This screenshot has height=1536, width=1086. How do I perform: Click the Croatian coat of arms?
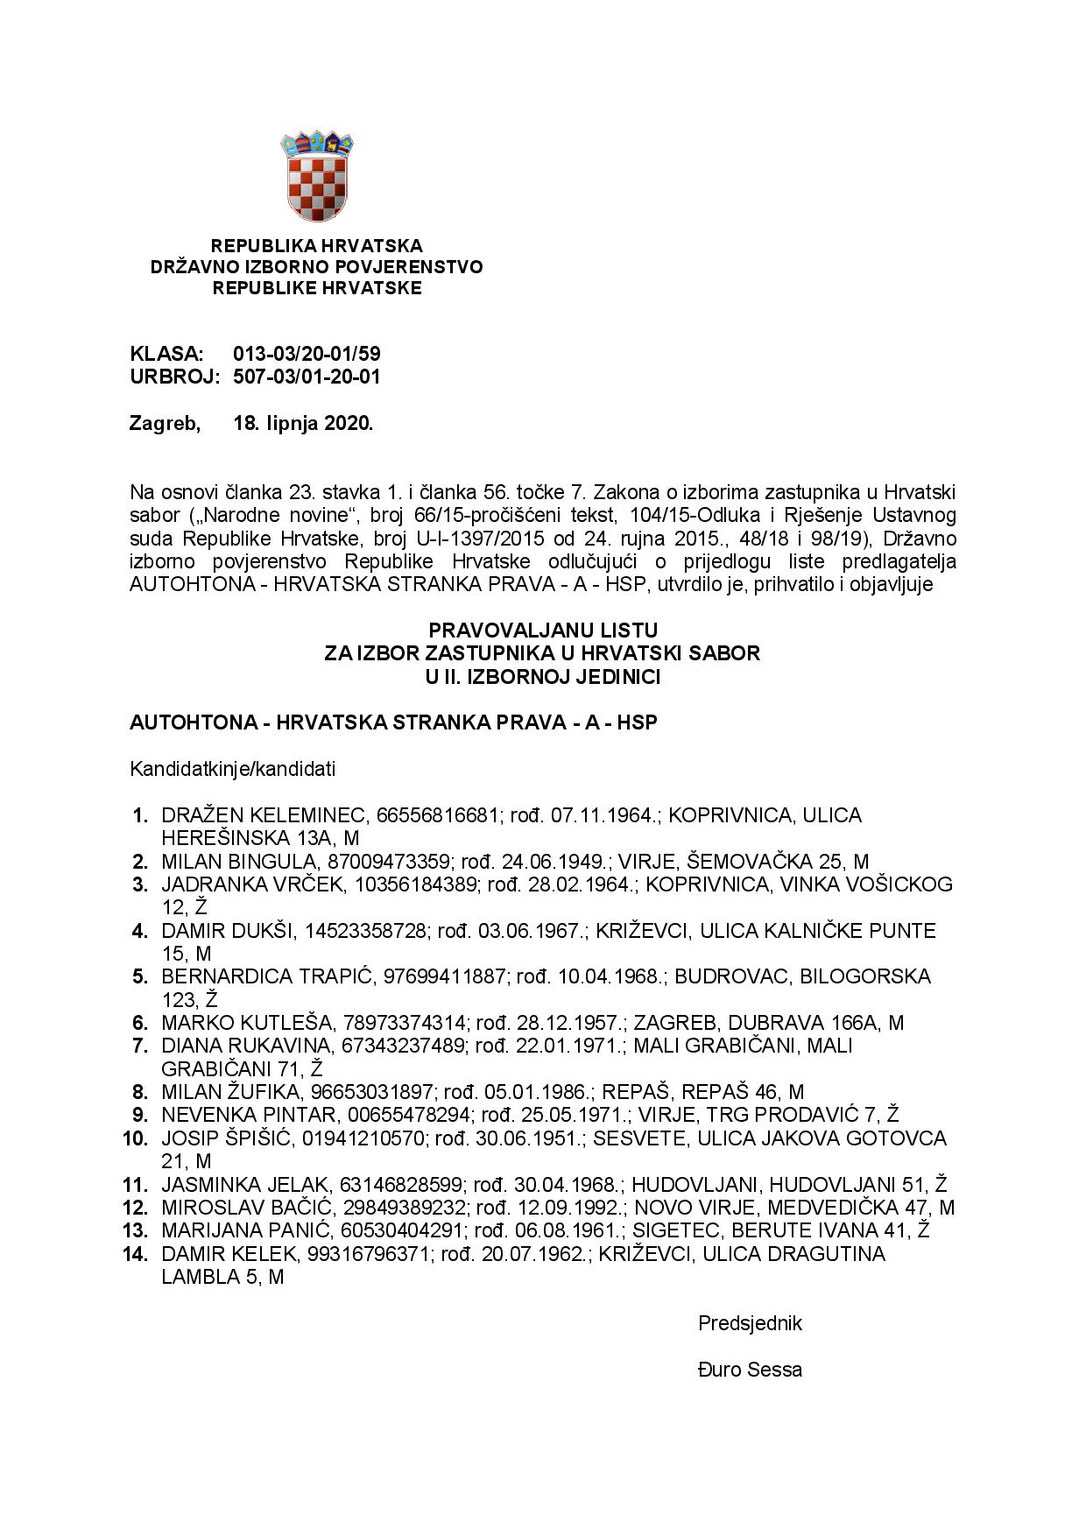point(316,175)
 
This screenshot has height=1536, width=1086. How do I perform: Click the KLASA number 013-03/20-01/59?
point(307,355)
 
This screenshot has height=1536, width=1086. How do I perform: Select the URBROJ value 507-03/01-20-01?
point(307,377)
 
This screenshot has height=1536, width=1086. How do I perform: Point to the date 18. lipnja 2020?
point(303,424)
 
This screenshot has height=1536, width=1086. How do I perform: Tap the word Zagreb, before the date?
point(165,424)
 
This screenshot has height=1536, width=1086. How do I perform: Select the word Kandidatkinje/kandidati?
point(232,770)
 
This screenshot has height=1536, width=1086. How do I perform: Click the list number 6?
point(140,1023)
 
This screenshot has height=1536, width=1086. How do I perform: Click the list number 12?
point(136,1208)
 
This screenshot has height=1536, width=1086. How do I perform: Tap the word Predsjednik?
point(750,1323)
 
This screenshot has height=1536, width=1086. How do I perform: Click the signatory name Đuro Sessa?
point(750,1370)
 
